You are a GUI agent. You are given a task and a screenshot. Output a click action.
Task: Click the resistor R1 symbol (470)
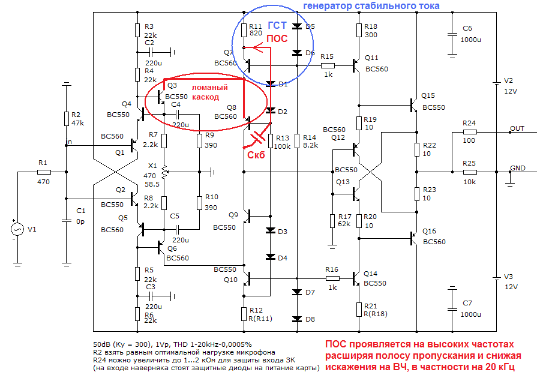[x=44, y=172]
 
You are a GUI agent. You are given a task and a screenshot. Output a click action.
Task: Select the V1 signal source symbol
[x=18, y=229]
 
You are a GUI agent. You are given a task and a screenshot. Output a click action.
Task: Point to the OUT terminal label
[x=517, y=128]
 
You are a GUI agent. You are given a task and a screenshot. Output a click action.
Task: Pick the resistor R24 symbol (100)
[x=469, y=131]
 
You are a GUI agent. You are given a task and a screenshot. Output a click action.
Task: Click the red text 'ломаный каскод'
[x=210, y=91]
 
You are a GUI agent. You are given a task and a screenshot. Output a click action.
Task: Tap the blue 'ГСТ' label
[x=277, y=26]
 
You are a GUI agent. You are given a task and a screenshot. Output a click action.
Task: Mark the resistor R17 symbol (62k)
[x=332, y=221]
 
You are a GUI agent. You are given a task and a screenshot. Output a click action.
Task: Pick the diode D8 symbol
[x=296, y=319]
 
